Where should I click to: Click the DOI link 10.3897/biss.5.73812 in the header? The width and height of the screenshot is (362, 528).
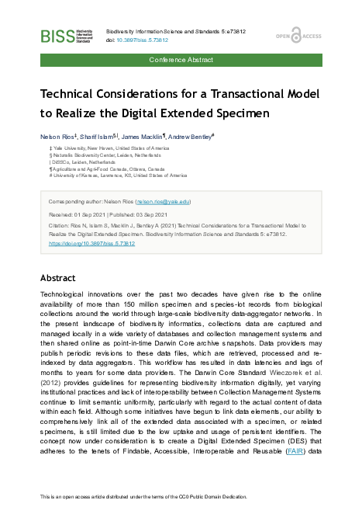(x=144, y=40)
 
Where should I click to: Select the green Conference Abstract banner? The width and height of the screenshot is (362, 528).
(x=181, y=59)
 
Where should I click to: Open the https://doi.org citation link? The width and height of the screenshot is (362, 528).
(x=91, y=243)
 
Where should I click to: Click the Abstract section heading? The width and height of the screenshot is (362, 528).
(x=59, y=277)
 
